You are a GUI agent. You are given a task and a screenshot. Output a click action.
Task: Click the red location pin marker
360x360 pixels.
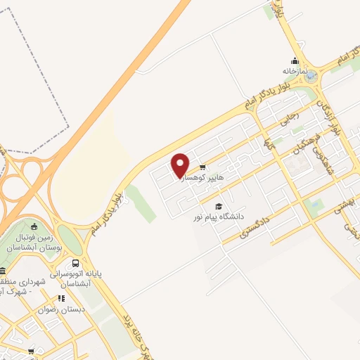coord(181,165)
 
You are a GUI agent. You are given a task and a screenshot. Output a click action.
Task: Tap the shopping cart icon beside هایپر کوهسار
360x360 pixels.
coord(202,167)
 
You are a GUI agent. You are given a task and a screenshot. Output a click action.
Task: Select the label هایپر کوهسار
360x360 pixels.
coord(204,179)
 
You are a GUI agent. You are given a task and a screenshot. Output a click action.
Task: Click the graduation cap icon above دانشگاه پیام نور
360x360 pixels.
coord(219,206)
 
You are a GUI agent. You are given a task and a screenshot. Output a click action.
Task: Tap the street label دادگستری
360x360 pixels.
coord(253,226)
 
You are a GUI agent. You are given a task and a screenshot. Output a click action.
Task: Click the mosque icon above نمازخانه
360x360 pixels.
coord(295,60)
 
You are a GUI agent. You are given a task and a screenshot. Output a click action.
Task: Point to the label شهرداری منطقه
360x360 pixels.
coord(24,281)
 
